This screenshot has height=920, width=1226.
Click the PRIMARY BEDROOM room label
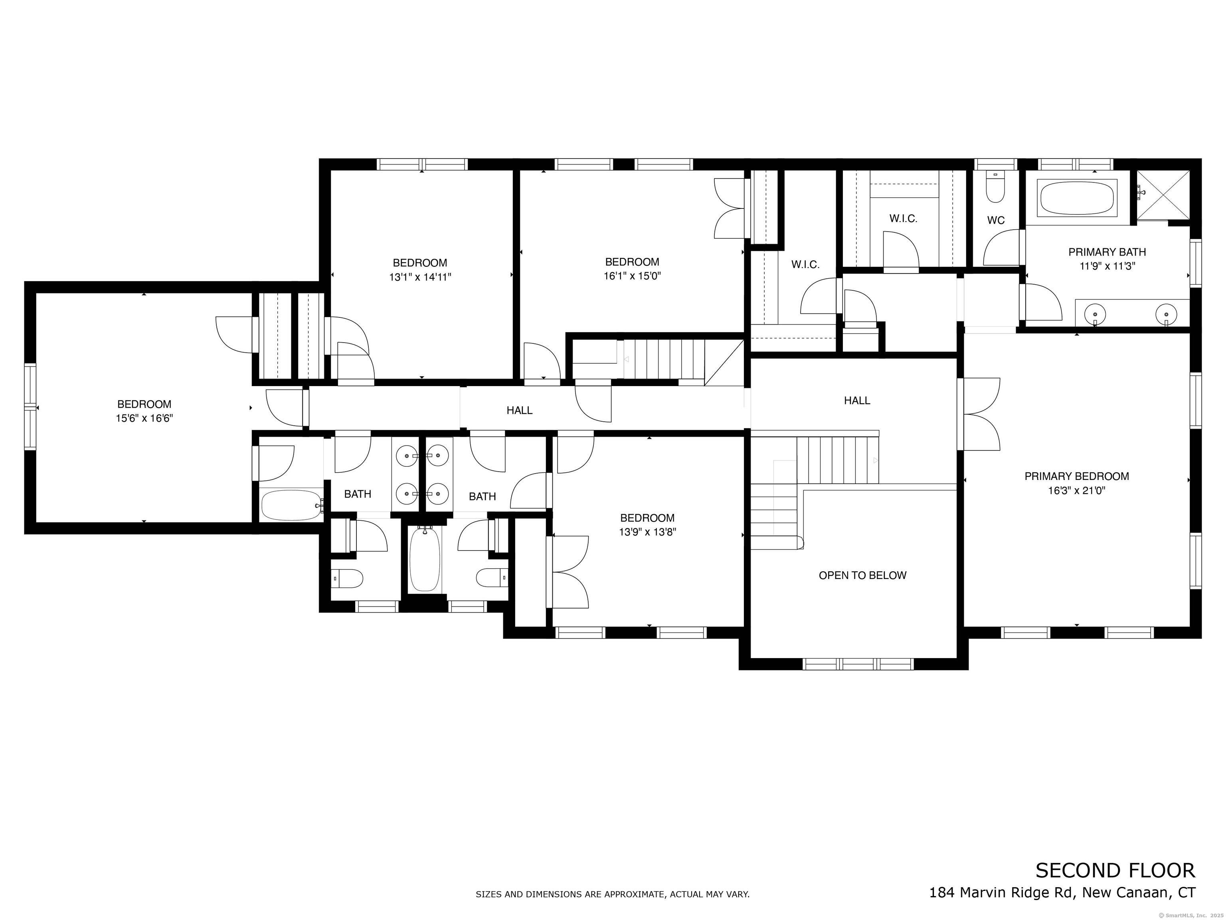[1076, 476]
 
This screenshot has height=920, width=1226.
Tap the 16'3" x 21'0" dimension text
[1076, 490]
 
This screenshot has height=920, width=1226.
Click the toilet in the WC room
[995, 189]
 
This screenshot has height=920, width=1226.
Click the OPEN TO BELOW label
[862, 575]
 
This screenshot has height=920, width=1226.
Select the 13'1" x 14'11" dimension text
[420, 277]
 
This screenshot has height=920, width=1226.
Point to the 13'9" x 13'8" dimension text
[647, 532]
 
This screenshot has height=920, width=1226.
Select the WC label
[995, 220]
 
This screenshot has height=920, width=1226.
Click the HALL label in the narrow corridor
[519, 410]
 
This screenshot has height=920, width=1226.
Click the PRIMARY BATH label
[1107, 252]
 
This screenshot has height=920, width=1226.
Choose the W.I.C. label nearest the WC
[904, 218]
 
